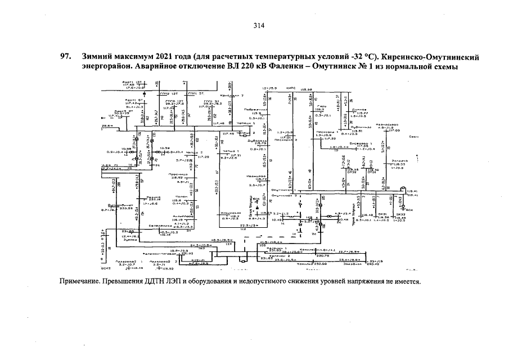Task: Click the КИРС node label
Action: (x=291, y=89)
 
